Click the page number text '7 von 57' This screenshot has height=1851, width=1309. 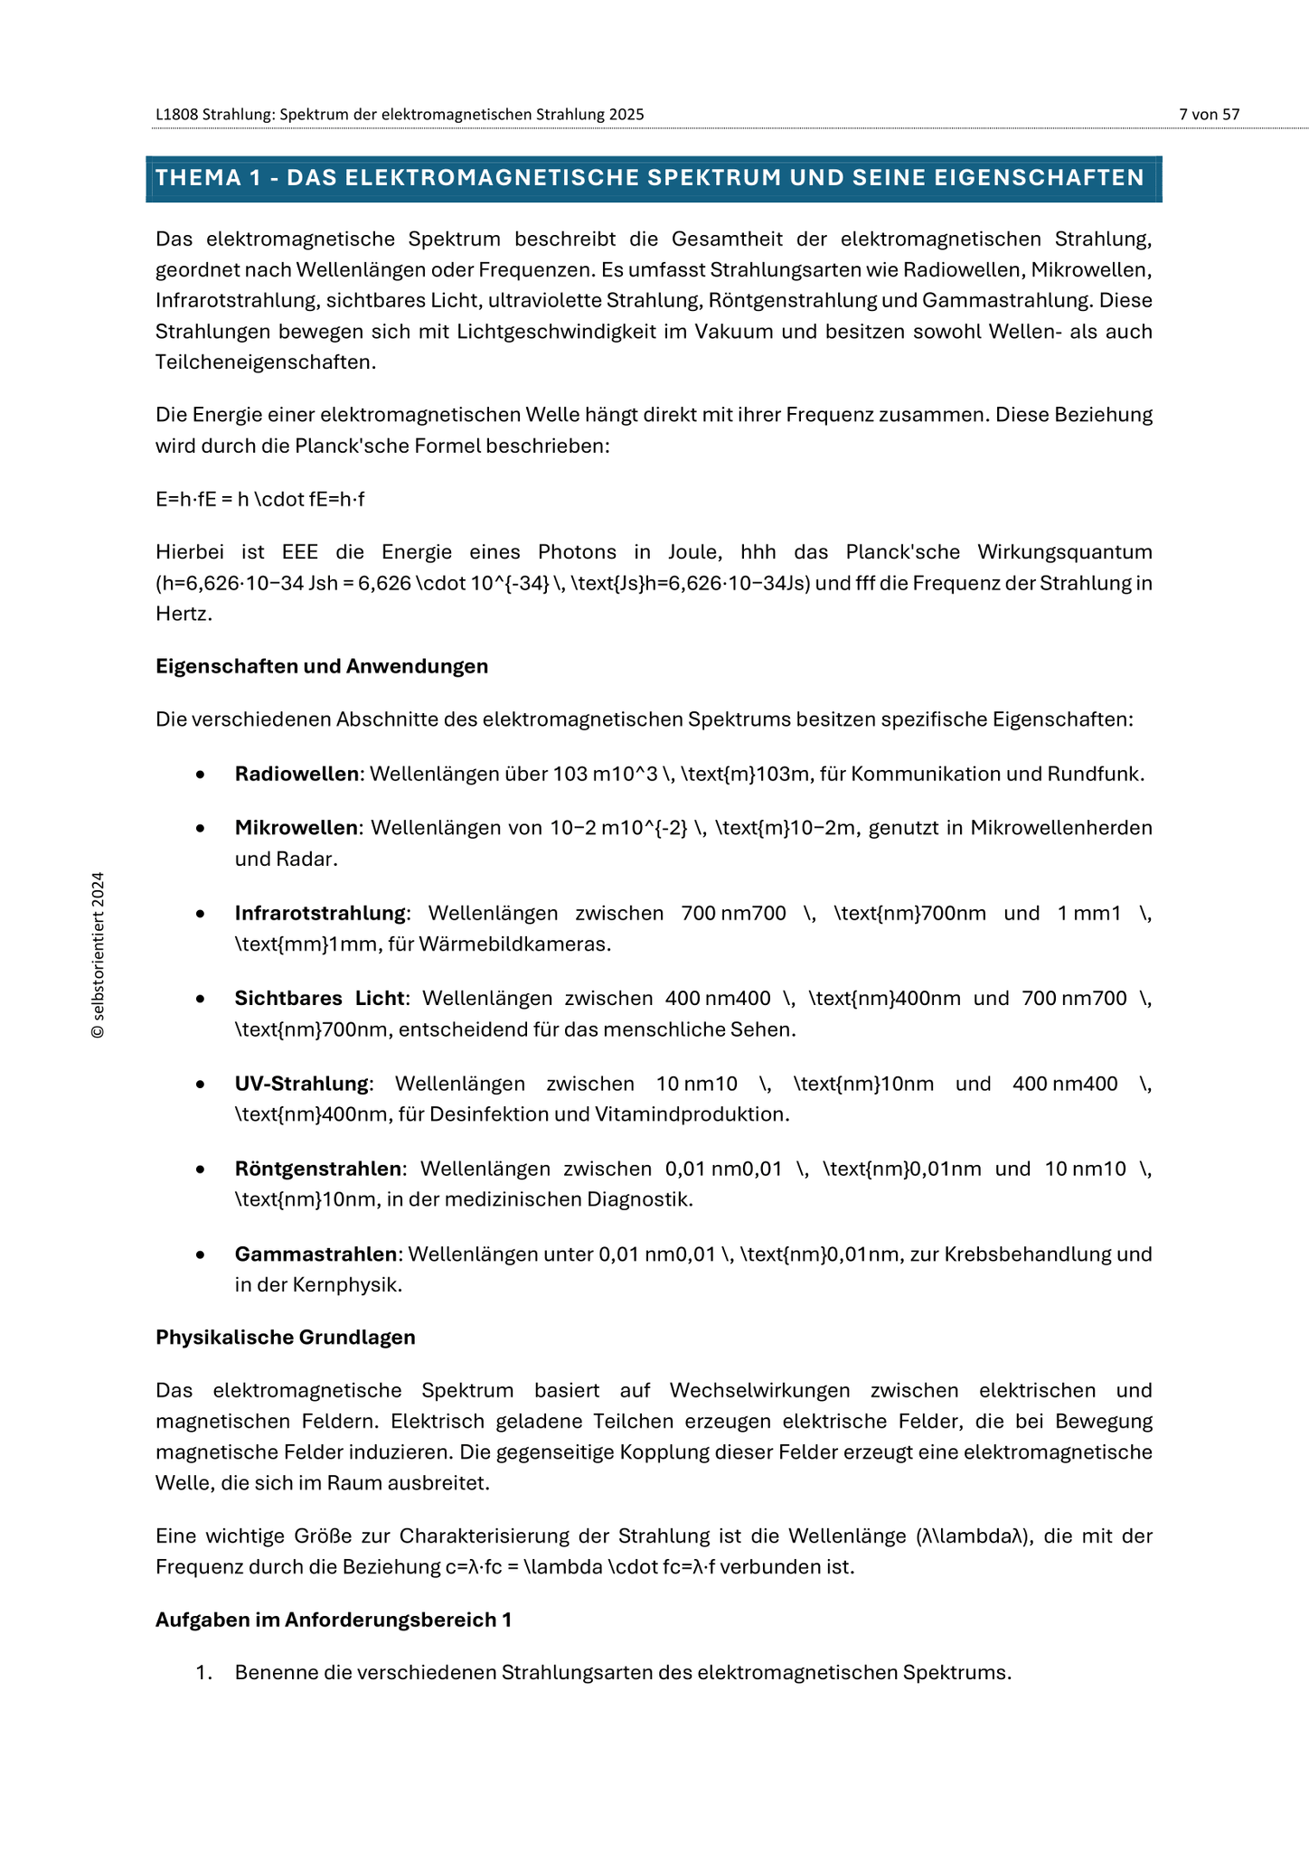pyautogui.click(x=1209, y=115)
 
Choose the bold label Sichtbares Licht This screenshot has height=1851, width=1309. pyautogui.click(x=319, y=999)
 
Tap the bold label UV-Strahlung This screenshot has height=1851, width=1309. pyautogui.click(x=302, y=1084)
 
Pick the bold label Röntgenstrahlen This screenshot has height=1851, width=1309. pyautogui.click(x=318, y=1170)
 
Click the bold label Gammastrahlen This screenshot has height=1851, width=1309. pyautogui.click(x=315, y=1254)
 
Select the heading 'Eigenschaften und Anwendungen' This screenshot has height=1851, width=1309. pyautogui.click(x=322, y=667)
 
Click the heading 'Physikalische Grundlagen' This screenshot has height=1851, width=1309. pyautogui.click(x=286, y=1338)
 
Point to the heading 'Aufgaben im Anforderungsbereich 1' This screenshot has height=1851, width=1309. pyautogui.click(x=334, y=1620)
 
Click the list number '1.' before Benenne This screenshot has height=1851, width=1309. pyautogui.click(x=203, y=1673)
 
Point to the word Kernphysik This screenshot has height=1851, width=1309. pyautogui.click(x=347, y=1285)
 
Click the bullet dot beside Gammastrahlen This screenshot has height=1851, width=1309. pyautogui.click(x=201, y=1255)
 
